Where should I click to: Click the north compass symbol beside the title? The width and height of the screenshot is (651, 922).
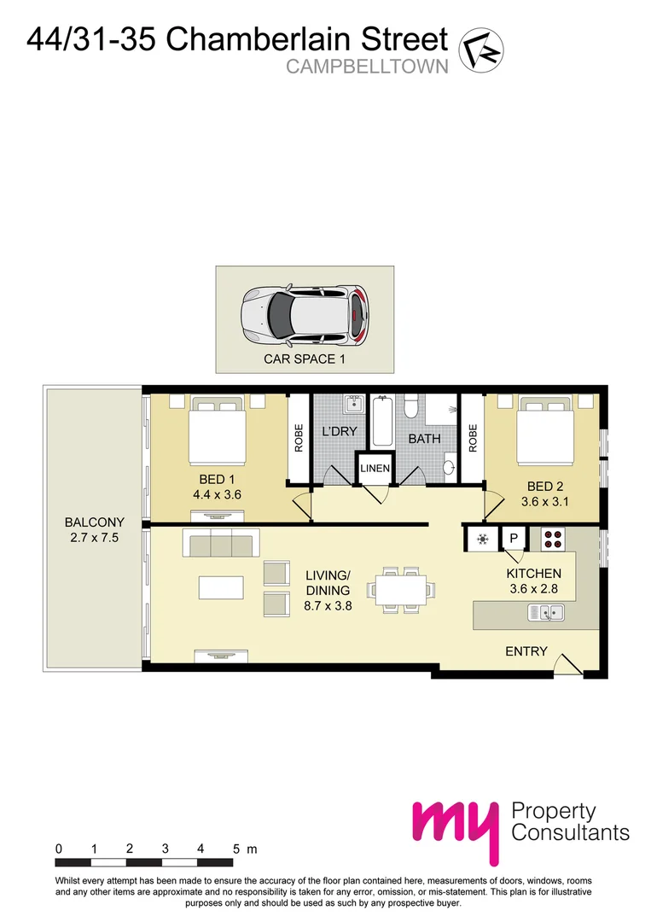click(x=481, y=50)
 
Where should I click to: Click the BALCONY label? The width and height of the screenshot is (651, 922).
click(x=94, y=522)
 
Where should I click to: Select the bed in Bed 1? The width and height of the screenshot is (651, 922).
click(x=217, y=430)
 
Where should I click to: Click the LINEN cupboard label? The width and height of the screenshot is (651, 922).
click(x=375, y=468)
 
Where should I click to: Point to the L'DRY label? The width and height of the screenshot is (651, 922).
click(x=340, y=431)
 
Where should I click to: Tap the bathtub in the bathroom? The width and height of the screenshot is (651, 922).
click(x=382, y=420)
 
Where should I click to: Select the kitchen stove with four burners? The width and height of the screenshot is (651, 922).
click(x=552, y=540)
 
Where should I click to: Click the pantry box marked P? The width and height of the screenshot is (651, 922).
click(x=513, y=538)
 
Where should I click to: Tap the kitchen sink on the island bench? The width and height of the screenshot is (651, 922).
click(x=546, y=612)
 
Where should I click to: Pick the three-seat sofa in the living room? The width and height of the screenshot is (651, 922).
click(x=221, y=542)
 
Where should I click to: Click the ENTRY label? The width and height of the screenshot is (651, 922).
click(x=526, y=651)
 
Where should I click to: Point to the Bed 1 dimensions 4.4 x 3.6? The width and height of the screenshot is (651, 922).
click(x=217, y=494)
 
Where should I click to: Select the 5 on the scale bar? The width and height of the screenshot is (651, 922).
click(x=236, y=849)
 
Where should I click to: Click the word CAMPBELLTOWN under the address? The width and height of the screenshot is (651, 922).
click(x=367, y=67)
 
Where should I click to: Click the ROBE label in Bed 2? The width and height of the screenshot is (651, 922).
click(x=473, y=438)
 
